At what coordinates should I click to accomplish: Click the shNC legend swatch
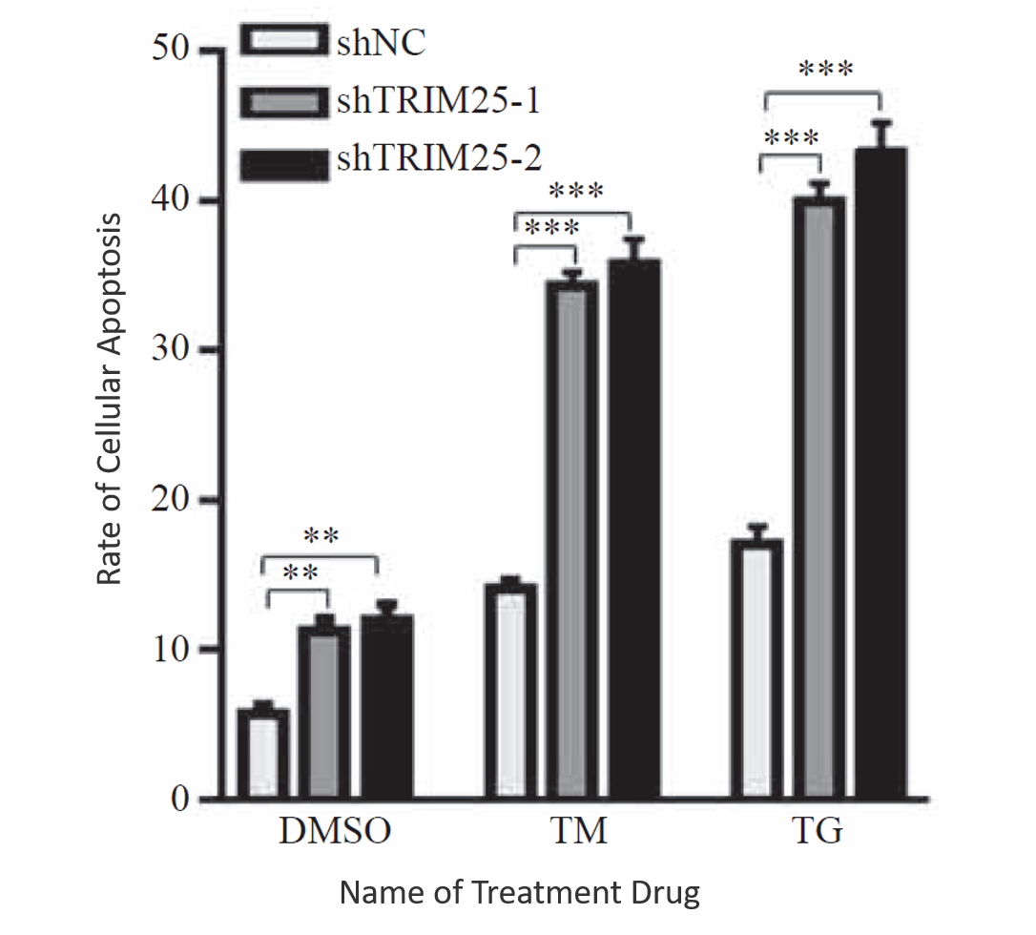coord(283,42)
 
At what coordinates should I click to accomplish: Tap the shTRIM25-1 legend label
coord(438,100)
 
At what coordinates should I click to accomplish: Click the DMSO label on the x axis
coord(335,831)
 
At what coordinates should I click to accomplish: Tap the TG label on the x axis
coord(818,831)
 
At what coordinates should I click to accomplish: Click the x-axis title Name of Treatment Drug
coord(520,893)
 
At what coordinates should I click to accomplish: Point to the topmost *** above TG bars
coord(825,69)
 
